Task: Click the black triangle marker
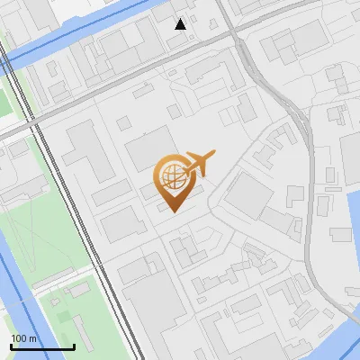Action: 181,24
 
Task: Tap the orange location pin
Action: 173,181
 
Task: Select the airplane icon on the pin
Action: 199,163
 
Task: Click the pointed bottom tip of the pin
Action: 173,211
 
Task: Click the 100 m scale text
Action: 24,338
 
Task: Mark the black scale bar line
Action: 42,346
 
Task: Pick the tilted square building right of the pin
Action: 247,195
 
